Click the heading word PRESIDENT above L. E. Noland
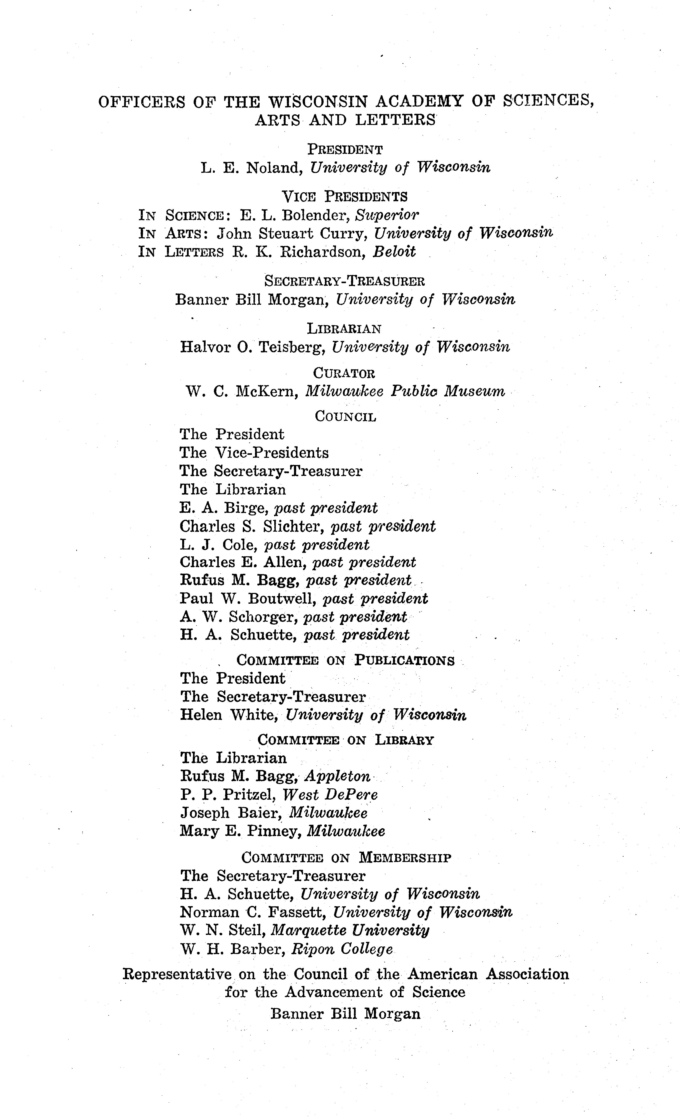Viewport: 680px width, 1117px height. (345, 149)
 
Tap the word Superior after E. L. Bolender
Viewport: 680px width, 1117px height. (386, 215)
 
